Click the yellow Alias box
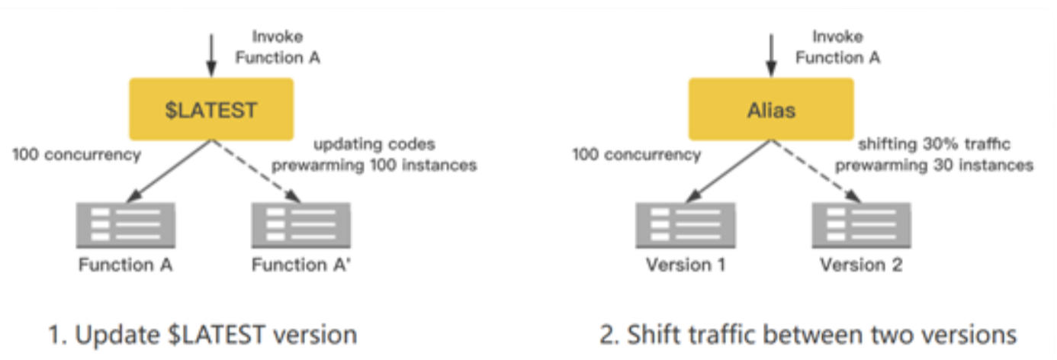pos(772,111)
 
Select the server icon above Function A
pos(126,225)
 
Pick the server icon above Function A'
pos(300,225)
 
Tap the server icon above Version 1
pos(686,225)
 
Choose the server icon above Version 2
pos(860,225)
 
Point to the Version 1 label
pos(686,265)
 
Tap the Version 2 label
pos(861,265)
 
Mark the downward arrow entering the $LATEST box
pos(211,53)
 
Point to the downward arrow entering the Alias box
pos(772,53)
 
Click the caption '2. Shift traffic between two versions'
pos(808,335)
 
